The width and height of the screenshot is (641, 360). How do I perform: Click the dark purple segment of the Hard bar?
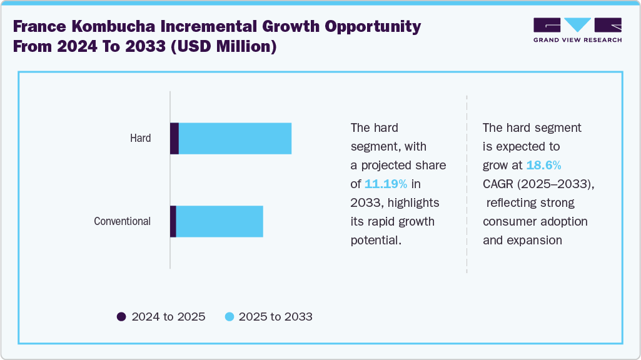(x=174, y=139)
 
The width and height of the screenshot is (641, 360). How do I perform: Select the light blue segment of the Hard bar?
(x=235, y=139)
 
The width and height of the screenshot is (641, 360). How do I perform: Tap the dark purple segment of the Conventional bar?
(x=173, y=221)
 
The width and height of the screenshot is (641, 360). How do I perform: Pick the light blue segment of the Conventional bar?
(x=220, y=221)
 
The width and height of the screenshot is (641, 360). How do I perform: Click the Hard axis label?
(x=140, y=138)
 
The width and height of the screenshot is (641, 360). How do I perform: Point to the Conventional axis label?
(x=122, y=221)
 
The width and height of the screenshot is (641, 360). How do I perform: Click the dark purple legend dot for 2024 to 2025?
(x=121, y=317)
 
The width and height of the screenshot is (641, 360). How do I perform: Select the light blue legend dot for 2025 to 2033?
(x=229, y=317)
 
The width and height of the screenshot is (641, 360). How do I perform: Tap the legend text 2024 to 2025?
(x=168, y=317)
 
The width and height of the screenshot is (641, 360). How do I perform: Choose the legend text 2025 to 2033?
(x=275, y=317)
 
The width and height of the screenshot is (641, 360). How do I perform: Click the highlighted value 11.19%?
(x=386, y=184)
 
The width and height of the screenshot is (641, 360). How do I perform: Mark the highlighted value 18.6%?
(x=543, y=166)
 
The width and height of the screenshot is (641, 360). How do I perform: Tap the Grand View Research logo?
(x=577, y=29)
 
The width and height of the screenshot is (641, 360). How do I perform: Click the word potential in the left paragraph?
(x=375, y=241)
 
